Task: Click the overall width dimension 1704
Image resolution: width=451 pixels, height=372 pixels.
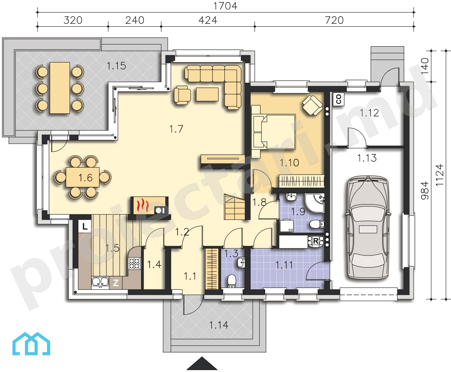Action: click(x=225, y=6)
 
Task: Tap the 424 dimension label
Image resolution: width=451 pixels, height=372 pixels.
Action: click(x=208, y=20)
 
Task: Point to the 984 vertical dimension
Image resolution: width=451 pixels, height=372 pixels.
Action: click(x=425, y=191)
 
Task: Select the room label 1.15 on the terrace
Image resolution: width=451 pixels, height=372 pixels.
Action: click(x=116, y=66)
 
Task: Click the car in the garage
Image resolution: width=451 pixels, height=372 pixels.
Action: click(x=368, y=227)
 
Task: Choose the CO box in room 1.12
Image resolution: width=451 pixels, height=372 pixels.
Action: click(x=339, y=99)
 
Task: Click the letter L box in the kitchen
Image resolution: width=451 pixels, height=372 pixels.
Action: click(x=85, y=226)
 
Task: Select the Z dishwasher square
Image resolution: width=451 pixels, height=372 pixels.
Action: click(x=116, y=283)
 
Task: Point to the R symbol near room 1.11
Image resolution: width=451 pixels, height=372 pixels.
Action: click(x=316, y=241)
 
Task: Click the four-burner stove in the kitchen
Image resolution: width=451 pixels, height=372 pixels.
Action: click(x=135, y=263)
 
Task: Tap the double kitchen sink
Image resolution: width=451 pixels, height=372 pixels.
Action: click(x=100, y=282)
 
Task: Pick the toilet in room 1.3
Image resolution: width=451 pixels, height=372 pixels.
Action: click(x=232, y=281)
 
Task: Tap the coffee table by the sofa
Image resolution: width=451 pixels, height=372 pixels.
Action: click(x=207, y=94)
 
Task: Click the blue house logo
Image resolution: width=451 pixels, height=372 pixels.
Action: click(x=31, y=343)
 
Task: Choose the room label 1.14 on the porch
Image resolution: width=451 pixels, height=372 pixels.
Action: click(x=219, y=325)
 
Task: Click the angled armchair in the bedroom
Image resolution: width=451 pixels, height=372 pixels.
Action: click(x=312, y=105)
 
